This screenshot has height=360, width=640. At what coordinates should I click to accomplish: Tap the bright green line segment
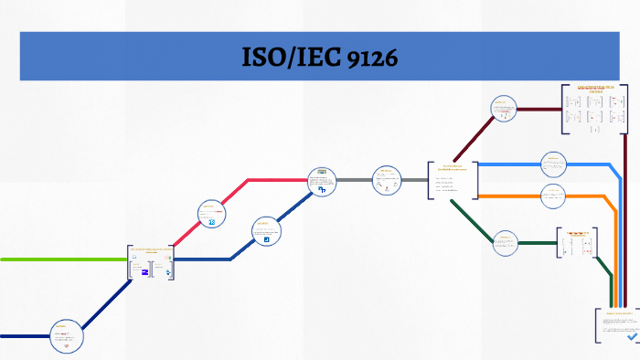(x=64, y=259)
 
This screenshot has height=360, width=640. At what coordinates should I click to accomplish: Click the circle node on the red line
(x=212, y=215)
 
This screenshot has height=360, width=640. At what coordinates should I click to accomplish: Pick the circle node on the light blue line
(x=553, y=164)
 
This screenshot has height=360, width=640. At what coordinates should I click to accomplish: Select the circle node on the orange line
(x=553, y=196)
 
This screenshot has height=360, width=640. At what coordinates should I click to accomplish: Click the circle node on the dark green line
(x=506, y=242)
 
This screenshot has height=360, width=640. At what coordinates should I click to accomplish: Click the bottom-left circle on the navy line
(x=64, y=336)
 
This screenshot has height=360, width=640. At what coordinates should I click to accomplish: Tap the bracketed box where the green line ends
(x=151, y=264)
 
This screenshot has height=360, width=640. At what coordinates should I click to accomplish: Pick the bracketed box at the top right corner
(x=595, y=110)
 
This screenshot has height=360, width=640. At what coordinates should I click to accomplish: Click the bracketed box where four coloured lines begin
(x=452, y=180)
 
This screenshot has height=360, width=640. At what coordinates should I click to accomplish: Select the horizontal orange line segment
(x=512, y=196)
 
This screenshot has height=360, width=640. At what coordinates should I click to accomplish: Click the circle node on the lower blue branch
(x=266, y=232)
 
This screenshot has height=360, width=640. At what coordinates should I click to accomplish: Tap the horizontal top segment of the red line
(x=274, y=180)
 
